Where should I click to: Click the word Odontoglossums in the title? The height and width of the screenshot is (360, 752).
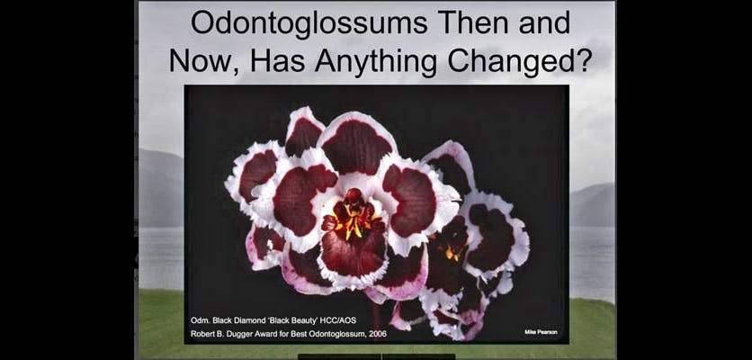click(309, 23)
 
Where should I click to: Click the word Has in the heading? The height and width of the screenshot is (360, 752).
click(277, 61)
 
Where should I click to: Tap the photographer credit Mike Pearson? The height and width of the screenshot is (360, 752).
click(541, 332)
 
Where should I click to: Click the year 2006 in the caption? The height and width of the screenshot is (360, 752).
click(378, 334)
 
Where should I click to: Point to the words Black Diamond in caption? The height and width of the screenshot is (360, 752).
click(235, 320)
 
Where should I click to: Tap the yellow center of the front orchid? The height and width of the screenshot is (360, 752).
click(354, 222)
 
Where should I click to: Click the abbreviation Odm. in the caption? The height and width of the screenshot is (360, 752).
click(200, 320)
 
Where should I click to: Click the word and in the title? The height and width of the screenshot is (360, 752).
click(545, 22)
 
